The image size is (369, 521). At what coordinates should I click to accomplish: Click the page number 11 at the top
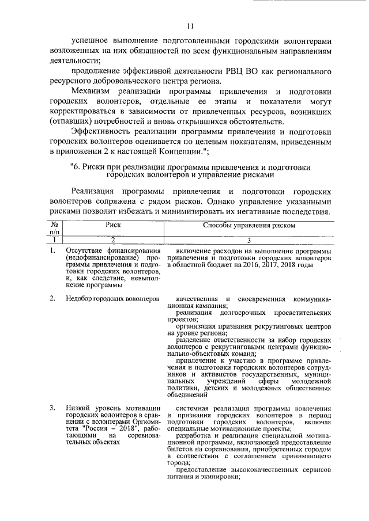pyautogui.click(x=191, y=26)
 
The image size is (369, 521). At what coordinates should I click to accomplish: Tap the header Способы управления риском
pyautogui.click(x=248, y=226)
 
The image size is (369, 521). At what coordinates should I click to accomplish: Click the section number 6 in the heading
pyautogui.click(x=73, y=166)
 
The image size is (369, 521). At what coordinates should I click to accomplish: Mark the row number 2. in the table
pyautogui.click(x=52, y=299)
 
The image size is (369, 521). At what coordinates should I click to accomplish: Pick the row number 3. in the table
pyautogui.click(x=52, y=409)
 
